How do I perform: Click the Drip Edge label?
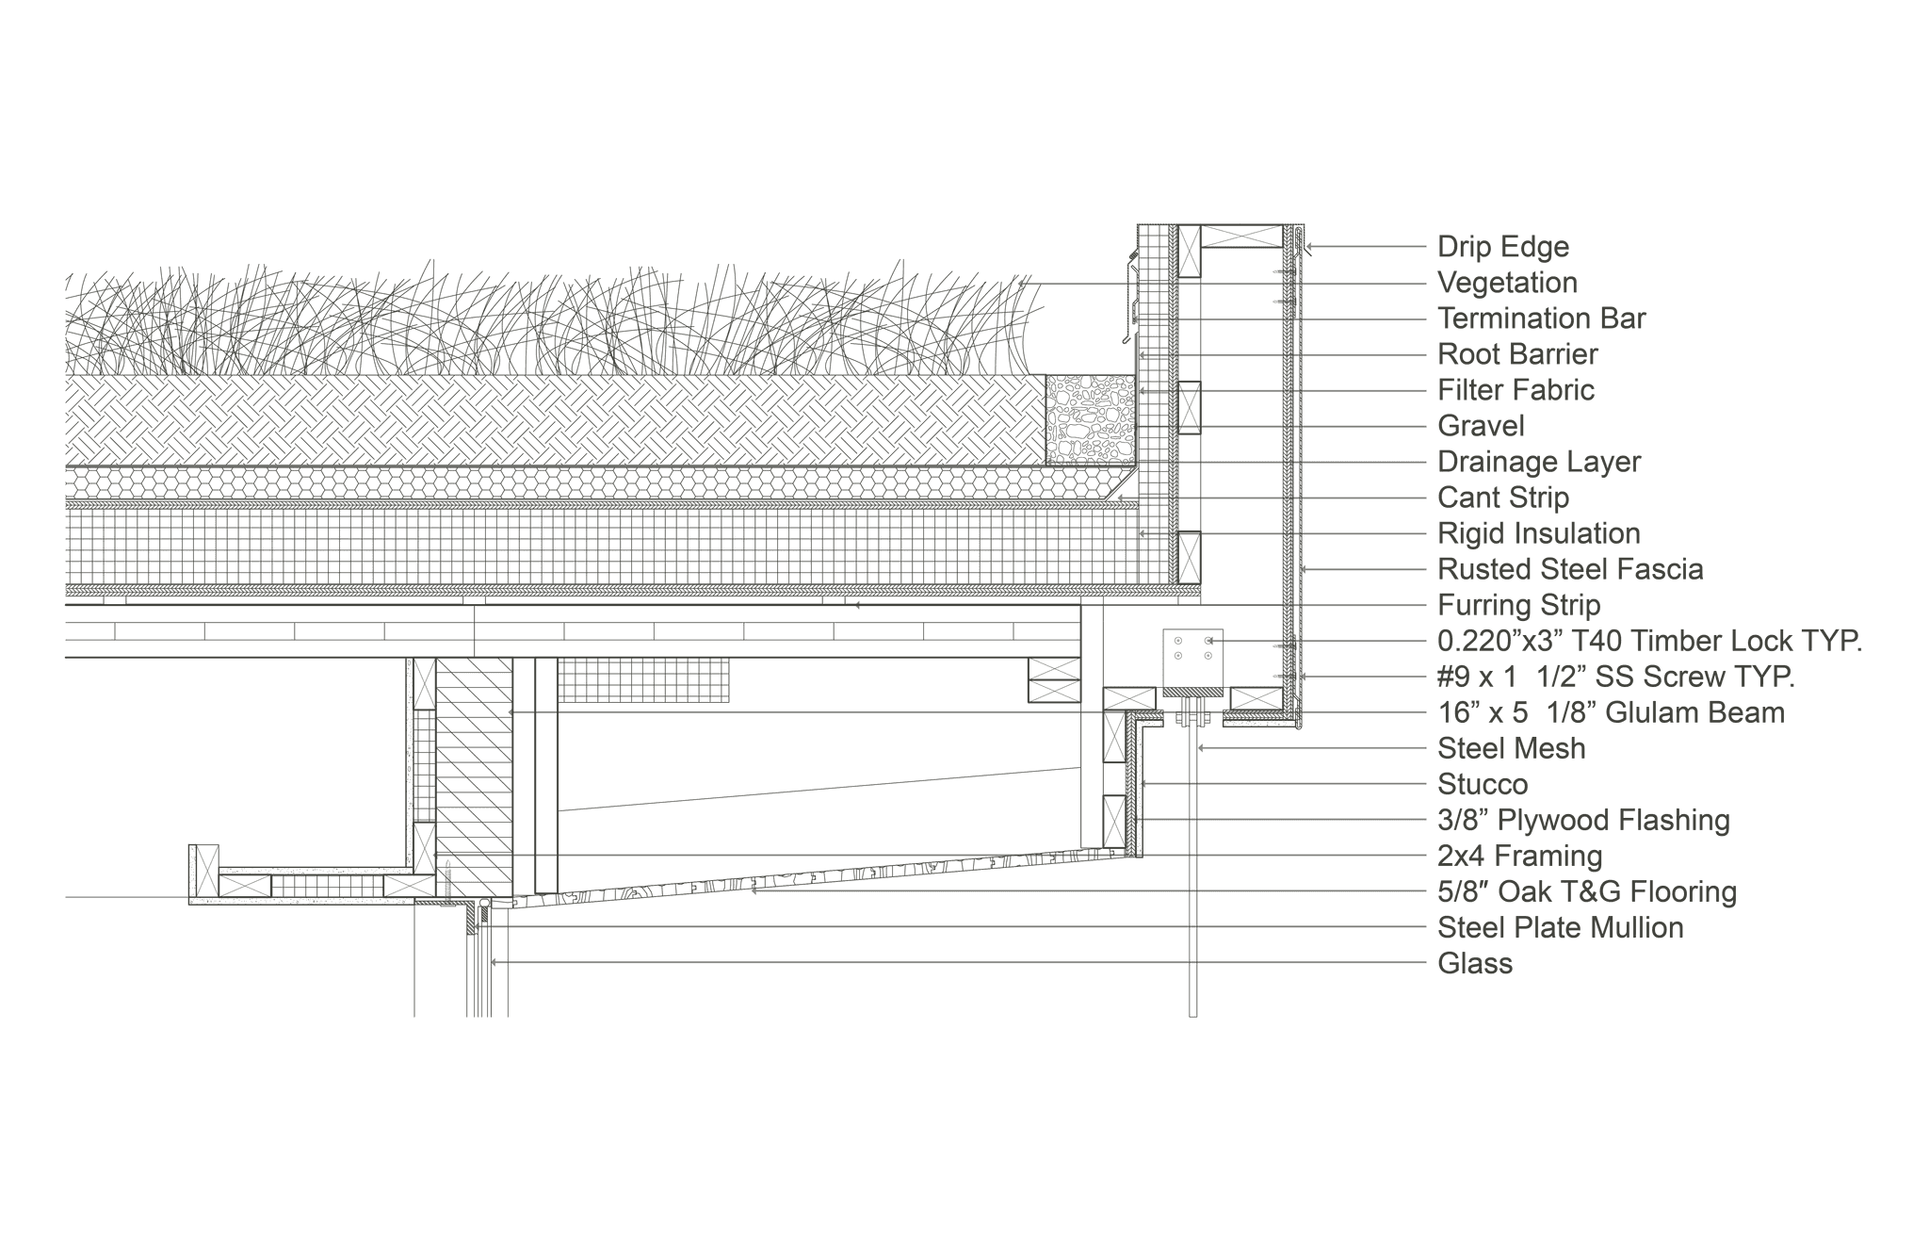[1502, 248]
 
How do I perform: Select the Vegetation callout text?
[1507, 284]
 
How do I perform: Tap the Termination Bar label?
[1541, 319]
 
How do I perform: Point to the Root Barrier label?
[1517, 355]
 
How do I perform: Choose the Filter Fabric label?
[1516, 391]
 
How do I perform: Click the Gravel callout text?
[1481, 427]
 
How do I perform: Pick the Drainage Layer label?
[1539, 463]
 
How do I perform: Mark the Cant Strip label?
[1502, 498]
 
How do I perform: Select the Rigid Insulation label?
[1538, 534]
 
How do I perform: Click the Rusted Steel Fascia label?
[1570, 570]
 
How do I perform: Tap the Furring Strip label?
[1518, 606]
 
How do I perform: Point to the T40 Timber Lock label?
[1649, 642]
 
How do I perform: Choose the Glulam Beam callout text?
[1611, 713]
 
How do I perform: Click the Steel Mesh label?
[1511, 749]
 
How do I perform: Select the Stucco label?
[1483, 785]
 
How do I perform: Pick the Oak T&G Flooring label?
[1587, 892]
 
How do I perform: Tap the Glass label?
[1475, 964]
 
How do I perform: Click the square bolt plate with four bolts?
[1193, 659]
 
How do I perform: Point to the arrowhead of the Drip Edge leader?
[1307, 248]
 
